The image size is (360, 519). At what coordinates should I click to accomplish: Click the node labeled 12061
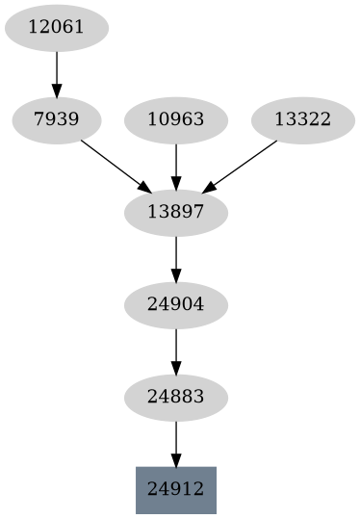coord(56,28)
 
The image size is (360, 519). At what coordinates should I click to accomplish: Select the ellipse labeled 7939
coord(56,120)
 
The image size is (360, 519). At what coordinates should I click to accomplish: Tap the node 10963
coord(176,120)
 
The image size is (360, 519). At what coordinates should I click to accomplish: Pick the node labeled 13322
coord(302,120)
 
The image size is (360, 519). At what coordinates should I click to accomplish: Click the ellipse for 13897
coord(176,213)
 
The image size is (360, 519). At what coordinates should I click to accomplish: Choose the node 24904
coord(176,305)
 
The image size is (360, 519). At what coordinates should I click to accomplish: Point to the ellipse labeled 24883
coord(176,398)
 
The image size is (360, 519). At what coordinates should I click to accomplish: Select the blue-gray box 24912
coord(176,490)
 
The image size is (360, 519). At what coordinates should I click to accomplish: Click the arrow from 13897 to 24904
coord(176,256)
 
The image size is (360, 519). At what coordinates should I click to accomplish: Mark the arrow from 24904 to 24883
coord(176,349)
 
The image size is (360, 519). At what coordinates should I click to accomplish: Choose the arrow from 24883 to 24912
coord(176,441)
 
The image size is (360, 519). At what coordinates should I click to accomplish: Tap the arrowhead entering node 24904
coord(176,274)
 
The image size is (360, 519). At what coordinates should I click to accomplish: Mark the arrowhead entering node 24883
coord(176,367)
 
